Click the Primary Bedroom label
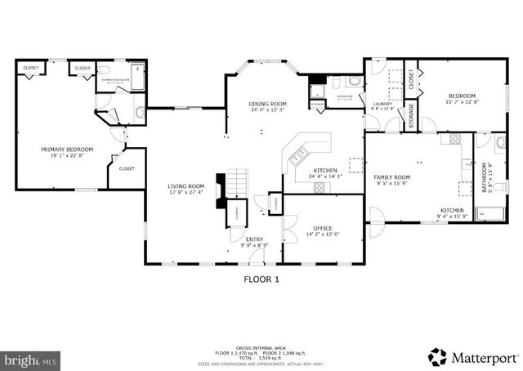coord(68,150)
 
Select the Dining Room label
coord(268,104)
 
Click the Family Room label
coord(392,177)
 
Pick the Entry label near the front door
coord(254,239)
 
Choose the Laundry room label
coord(382,104)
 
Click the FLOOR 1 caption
coord(261,279)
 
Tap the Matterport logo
coord(474,357)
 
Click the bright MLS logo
coord(31,359)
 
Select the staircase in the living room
coord(237,183)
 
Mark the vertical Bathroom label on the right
coord(485,177)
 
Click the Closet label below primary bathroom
coord(127,168)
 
